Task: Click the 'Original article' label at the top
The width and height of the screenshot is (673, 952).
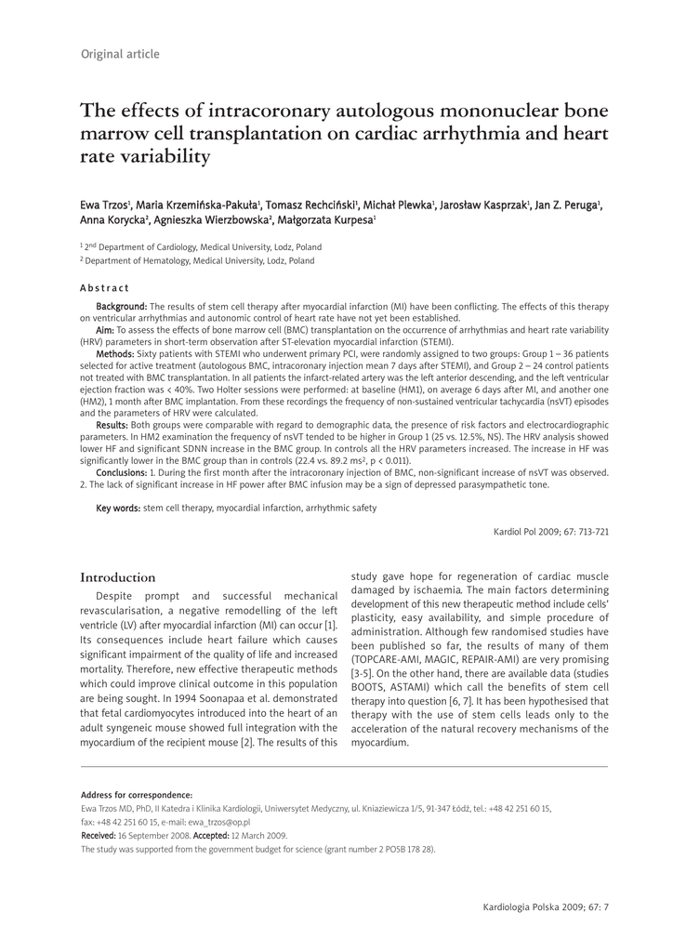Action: click(x=120, y=54)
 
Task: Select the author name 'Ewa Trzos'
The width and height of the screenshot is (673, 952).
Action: click(x=104, y=204)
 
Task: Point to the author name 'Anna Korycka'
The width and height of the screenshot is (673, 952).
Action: click(x=109, y=220)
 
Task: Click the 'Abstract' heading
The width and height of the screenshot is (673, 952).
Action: click(x=105, y=288)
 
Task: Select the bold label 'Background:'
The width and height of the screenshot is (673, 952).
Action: click(x=122, y=306)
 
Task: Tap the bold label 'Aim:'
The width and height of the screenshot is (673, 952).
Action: click(x=105, y=330)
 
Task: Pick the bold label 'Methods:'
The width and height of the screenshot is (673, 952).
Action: click(x=115, y=354)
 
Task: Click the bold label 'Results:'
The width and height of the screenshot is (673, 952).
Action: click(x=112, y=424)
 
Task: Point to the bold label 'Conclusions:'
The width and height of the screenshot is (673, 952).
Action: click(x=121, y=472)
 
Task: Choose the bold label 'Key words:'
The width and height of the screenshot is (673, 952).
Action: click(x=118, y=508)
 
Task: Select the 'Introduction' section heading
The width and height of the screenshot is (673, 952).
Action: click(x=118, y=577)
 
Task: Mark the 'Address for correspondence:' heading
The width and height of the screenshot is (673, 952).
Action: click(x=137, y=795)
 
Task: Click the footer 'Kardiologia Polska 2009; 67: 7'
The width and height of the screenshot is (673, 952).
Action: click(x=547, y=906)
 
